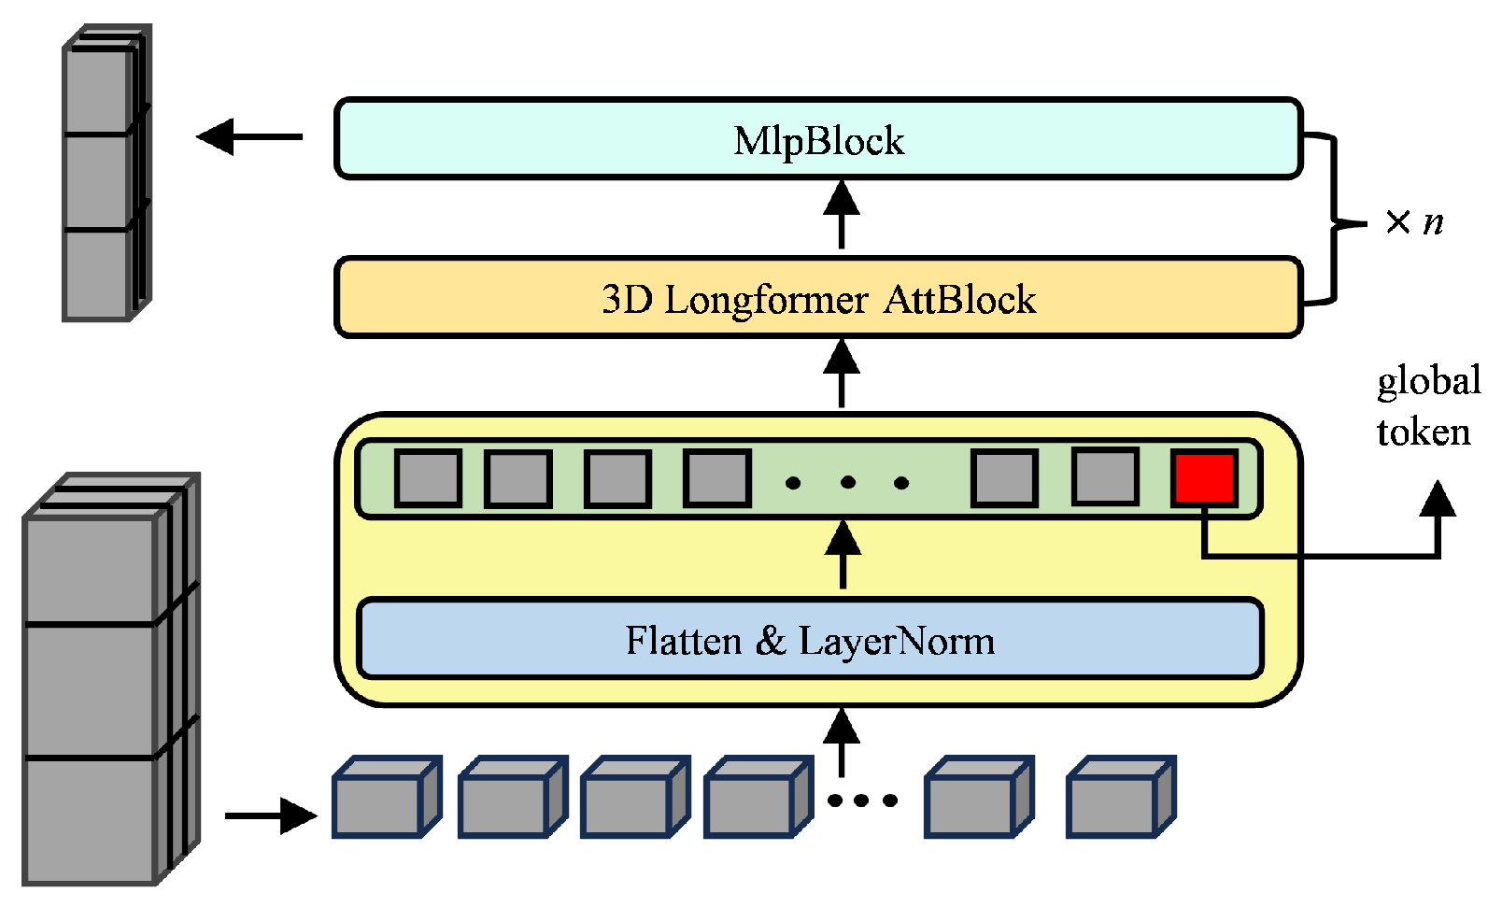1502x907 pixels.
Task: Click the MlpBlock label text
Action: click(818, 141)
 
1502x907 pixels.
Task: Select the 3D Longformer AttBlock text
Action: click(818, 300)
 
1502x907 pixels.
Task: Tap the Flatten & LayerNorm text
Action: click(810, 641)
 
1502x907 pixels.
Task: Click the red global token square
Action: click(1204, 478)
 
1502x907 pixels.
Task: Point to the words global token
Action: click(1426, 406)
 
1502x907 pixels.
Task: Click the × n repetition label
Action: click(1414, 222)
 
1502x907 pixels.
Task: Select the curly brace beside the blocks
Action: click(1331, 220)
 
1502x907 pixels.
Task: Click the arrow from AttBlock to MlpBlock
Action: click(842, 215)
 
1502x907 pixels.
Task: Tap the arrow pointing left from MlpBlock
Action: click(248, 137)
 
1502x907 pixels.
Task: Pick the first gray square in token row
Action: click(428, 478)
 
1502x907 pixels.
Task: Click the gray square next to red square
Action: click(1105, 477)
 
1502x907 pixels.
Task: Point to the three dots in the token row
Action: click(847, 483)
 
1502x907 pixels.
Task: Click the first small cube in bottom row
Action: click(385, 798)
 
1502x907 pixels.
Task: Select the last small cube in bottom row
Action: click(1119, 798)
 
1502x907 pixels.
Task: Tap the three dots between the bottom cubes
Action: click(862, 801)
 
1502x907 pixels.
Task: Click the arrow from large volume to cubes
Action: click(271, 815)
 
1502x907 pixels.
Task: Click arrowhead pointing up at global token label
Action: click(1438, 500)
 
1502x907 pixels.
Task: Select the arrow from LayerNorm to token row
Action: click(843, 554)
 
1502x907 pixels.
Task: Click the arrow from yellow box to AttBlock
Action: click(842, 374)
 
